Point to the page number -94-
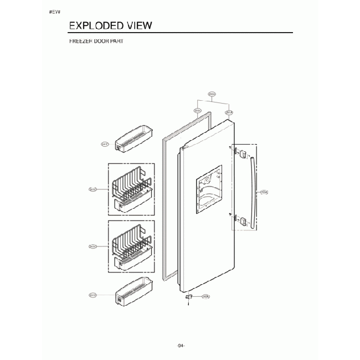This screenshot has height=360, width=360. coord(181,346)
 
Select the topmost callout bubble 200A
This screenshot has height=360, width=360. coord(212,94)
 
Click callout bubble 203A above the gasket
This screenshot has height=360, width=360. coord(197,111)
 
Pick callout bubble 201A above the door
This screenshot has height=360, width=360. coord(229,112)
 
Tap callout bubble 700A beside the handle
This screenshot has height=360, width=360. coord(264,192)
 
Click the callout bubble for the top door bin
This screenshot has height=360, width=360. coord(105,144)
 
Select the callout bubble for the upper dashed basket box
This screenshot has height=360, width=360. coord(92,189)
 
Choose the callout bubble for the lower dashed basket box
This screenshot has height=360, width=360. coord(92,246)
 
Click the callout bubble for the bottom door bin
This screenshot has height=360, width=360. coord(92,295)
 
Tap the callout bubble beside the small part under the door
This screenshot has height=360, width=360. coord(205,297)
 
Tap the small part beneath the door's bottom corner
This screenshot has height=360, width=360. coord(190,299)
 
